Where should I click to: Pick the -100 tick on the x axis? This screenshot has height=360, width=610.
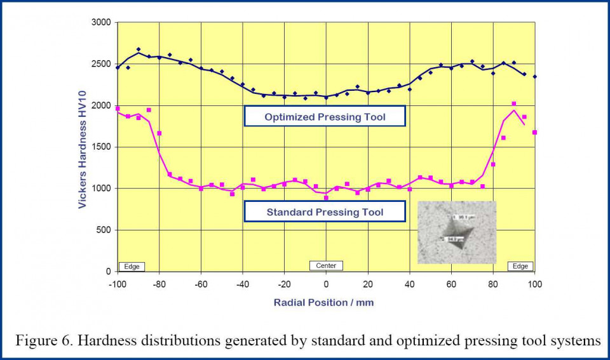point(117,283)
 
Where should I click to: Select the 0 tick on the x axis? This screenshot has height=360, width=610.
point(326,283)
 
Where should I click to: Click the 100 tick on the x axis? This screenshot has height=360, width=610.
point(535,283)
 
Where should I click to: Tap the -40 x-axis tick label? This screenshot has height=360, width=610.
point(242,283)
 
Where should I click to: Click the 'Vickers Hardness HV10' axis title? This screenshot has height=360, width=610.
point(83,147)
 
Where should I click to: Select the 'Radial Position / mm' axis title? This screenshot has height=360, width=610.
point(323,302)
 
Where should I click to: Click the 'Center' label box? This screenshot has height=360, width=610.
point(326,265)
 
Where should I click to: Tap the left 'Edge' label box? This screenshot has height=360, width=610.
point(132,266)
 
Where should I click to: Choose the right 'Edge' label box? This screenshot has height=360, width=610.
point(520,266)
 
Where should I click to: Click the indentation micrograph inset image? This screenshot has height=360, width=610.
point(456,233)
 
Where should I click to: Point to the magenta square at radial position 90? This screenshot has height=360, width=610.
point(514,103)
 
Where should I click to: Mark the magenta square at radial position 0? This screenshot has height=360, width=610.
point(326,197)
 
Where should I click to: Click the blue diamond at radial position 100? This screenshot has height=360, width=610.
point(535,77)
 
